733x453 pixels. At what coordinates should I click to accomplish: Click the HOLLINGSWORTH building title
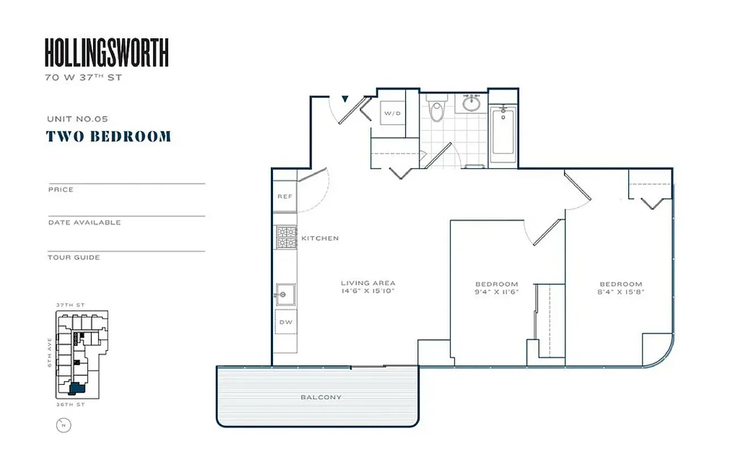pyautogui.click(x=106, y=53)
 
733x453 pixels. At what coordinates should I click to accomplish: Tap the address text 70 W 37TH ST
pyautogui.click(x=83, y=78)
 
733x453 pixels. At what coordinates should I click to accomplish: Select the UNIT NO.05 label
pyautogui.click(x=78, y=119)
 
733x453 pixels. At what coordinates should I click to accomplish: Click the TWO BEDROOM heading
pyautogui.click(x=108, y=136)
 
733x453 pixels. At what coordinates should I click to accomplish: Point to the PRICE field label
pyautogui.click(x=61, y=190)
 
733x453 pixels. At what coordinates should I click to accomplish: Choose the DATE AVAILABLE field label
pyautogui.click(x=84, y=223)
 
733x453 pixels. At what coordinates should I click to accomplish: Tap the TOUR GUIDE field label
pyautogui.click(x=74, y=257)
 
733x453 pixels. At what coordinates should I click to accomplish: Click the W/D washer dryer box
pyautogui.click(x=392, y=113)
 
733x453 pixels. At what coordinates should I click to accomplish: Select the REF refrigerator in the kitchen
pyautogui.click(x=285, y=196)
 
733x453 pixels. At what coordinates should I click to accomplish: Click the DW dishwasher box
pyautogui.click(x=285, y=322)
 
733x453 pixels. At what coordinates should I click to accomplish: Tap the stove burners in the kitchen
pyautogui.click(x=286, y=237)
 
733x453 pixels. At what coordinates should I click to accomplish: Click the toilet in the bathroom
pyautogui.click(x=436, y=110)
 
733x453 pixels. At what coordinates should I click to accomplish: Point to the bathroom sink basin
pyautogui.click(x=471, y=104)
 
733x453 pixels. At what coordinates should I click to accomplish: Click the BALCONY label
pyautogui.click(x=321, y=398)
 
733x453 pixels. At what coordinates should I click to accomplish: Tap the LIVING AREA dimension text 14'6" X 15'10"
pyautogui.click(x=368, y=291)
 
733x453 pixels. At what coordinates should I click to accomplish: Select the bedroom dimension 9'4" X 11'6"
pyautogui.click(x=496, y=292)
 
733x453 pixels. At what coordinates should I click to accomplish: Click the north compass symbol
pyautogui.click(x=64, y=425)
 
